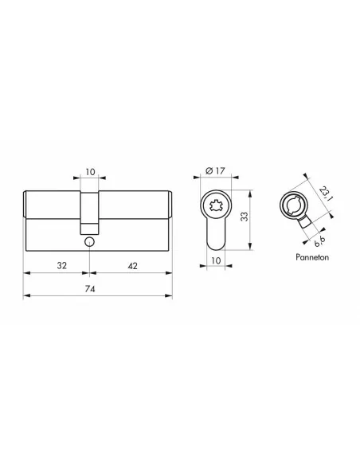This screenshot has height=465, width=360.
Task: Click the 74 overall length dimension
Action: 90,288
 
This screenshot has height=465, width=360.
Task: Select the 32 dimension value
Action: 61,265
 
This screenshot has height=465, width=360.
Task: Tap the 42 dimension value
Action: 132,266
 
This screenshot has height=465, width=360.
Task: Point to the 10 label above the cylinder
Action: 90,172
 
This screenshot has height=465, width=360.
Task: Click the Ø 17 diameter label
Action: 215,171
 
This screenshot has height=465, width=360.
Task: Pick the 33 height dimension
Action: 245,217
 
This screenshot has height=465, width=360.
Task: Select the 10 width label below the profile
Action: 216,260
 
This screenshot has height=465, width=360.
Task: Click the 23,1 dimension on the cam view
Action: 324,193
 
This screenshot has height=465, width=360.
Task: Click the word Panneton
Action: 312,257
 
